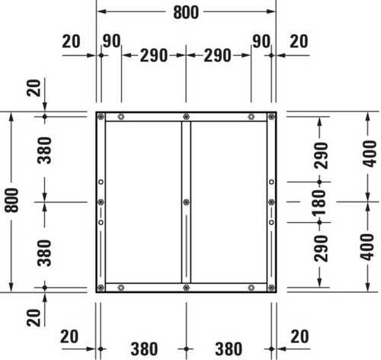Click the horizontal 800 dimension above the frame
coord(186,12)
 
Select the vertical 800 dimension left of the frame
coord(12,200)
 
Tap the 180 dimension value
coord(319,202)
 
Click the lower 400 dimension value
coord(368,247)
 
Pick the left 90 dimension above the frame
coord(111,41)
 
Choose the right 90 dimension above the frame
coord(261,41)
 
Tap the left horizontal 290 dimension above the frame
coord(154,56)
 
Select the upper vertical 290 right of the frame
coord(322,156)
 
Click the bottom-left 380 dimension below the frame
coord(144,349)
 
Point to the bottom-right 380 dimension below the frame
coord(229,349)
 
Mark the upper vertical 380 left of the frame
coord(44,150)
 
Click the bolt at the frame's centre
coord(186,202)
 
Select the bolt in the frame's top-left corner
coord(101,117)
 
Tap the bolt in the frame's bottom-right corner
coord(271,288)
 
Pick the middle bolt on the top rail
coord(186,117)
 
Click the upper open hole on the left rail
coord(101,182)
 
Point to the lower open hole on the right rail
coord(271,223)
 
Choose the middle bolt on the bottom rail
coord(186,288)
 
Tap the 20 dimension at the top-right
coord(299,41)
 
